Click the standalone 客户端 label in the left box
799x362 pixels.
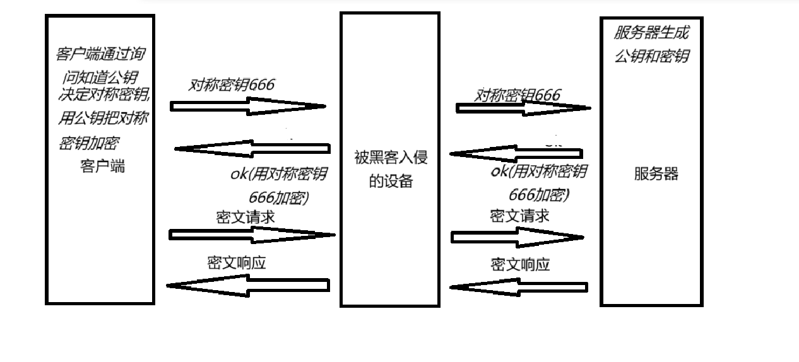click(x=103, y=166)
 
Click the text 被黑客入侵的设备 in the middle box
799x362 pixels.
click(x=391, y=169)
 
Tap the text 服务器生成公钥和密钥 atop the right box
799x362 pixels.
click(x=651, y=44)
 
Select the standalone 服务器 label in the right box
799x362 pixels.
click(x=656, y=174)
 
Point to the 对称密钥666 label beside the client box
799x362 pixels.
click(x=232, y=85)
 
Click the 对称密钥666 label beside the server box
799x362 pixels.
click(x=518, y=95)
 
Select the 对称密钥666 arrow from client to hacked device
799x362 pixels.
click(x=248, y=107)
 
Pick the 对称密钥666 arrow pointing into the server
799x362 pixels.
click(x=523, y=108)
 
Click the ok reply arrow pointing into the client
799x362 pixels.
click(x=252, y=149)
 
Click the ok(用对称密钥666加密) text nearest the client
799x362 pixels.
click(x=278, y=185)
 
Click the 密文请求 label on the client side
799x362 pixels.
click(x=245, y=218)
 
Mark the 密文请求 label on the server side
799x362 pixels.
click(x=519, y=216)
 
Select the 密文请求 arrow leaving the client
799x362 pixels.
click(x=252, y=235)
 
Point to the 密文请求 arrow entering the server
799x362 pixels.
click(x=517, y=237)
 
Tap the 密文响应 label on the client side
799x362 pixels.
click(x=236, y=263)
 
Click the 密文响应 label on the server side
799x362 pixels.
click(x=519, y=264)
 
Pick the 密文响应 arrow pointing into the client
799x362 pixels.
click(x=248, y=286)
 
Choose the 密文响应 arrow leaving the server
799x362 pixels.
click(x=518, y=288)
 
